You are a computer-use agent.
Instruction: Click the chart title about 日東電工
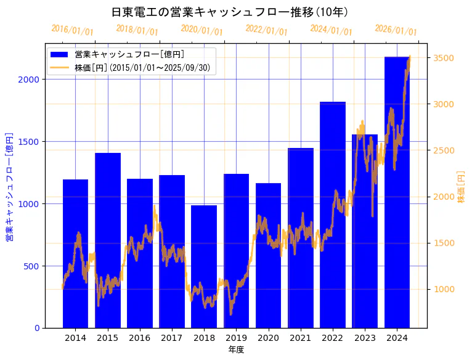click(x=230, y=12)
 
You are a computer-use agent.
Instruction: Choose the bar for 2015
click(x=108, y=240)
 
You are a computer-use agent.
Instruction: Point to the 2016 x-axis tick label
click(x=140, y=337)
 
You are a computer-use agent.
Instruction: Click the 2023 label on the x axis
click(x=365, y=337)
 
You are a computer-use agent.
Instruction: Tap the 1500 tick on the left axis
click(x=31, y=142)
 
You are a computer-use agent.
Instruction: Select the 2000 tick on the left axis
click(x=31, y=80)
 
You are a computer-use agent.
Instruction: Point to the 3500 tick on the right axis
click(x=444, y=58)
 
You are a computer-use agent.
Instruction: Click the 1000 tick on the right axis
click(x=444, y=289)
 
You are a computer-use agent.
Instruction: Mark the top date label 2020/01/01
click(x=201, y=30)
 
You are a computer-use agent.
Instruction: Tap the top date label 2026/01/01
click(x=396, y=30)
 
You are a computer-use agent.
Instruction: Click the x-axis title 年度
click(x=236, y=350)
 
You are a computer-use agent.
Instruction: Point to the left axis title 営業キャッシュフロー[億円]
click(x=10, y=186)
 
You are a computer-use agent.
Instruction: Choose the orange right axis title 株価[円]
click(x=462, y=187)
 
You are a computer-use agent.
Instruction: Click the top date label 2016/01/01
click(x=72, y=30)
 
